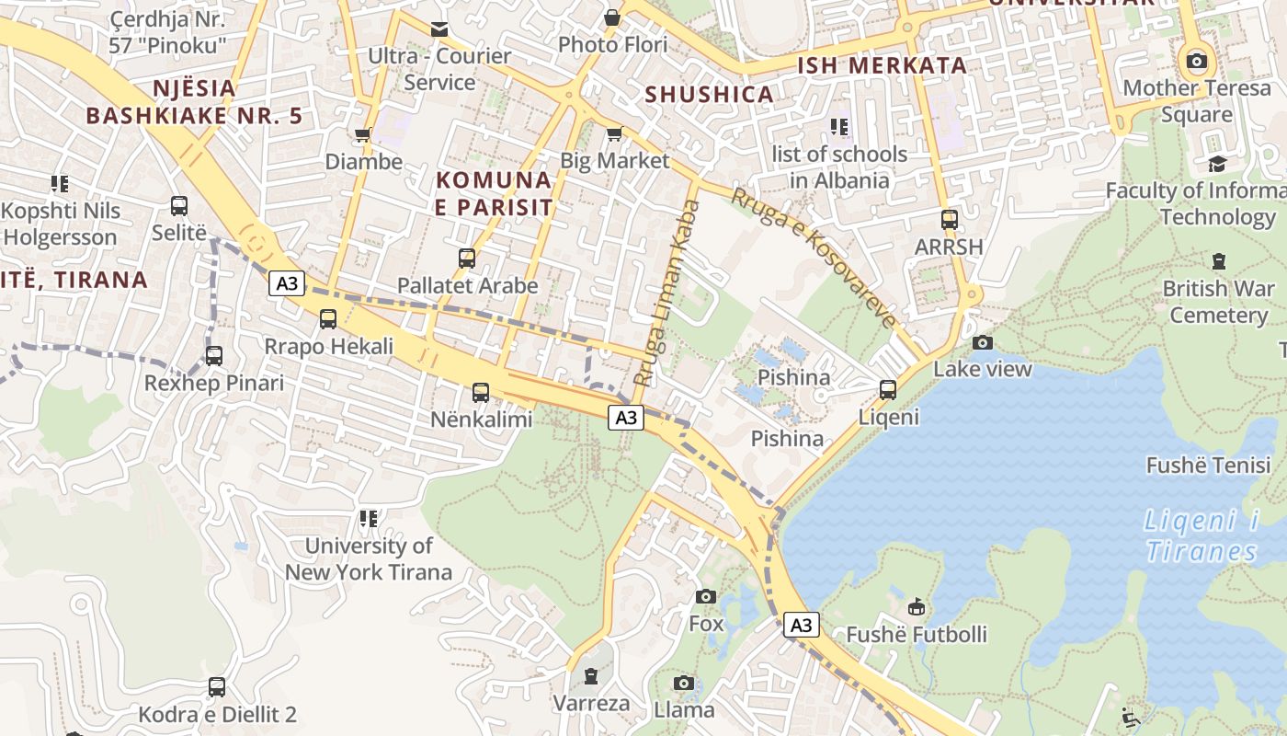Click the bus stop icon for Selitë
179,206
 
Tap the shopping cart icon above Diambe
363,135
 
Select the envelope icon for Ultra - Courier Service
439,29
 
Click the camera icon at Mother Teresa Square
1196,62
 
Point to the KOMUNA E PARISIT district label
494,193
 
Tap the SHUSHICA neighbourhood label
709,94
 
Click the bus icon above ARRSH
950,220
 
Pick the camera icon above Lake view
983,342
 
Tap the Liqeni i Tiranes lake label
1202,535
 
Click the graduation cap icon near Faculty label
1218,164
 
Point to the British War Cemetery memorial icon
1219,261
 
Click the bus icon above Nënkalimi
480,393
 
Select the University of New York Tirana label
368,558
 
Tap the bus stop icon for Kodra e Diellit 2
217,686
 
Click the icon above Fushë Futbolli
917,606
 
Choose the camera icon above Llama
683,683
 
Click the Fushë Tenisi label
1208,465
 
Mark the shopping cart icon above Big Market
614,134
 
